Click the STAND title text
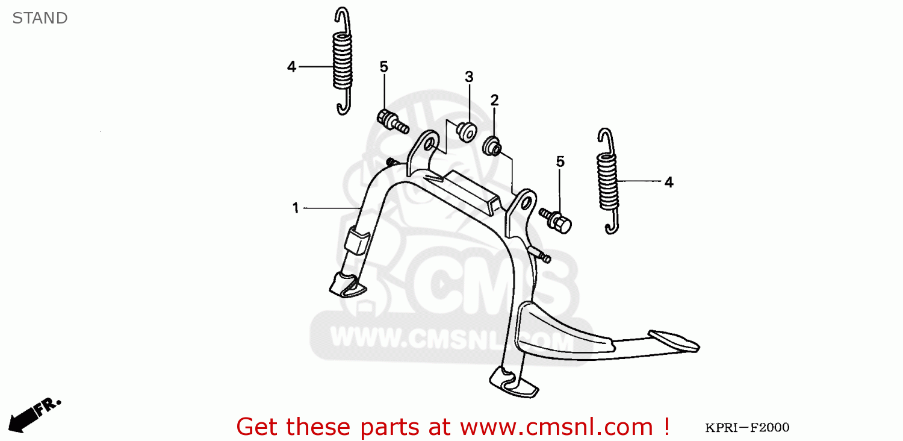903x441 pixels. (40, 18)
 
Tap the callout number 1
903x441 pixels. (296, 208)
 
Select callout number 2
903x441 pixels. (494, 101)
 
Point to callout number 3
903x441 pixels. (468, 77)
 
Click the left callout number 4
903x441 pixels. (292, 67)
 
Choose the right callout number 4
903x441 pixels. (668, 182)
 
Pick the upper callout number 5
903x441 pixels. (383, 67)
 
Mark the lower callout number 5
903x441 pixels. (560, 161)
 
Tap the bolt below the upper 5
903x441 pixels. (392, 122)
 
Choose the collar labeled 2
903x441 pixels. (492, 145)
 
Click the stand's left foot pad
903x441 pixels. (347, 284)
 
